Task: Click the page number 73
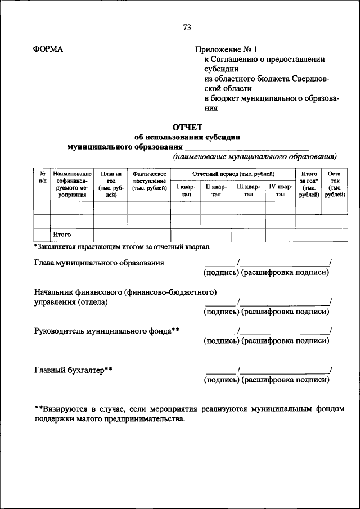[x=187, y=28]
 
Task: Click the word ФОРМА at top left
[x=49, y=49]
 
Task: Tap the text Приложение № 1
[x=227, y=49]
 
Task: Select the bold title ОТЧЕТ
[x=187, y=127]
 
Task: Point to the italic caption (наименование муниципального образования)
[x=255, y=156]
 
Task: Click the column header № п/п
[x=42, y=178]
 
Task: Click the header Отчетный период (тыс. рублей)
[x=233, y=174]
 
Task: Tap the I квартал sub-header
[x=186, y=190]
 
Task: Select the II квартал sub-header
[x=216, y=190]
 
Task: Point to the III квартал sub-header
[x=248, y=190]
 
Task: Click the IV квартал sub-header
[x=281, y=190]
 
